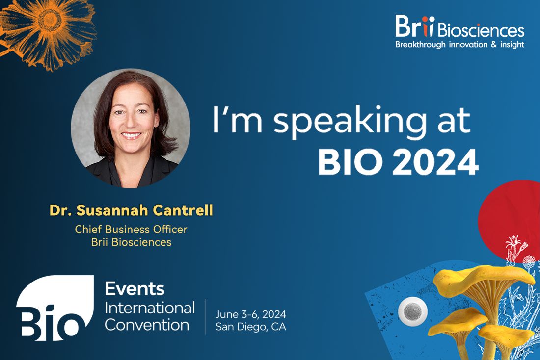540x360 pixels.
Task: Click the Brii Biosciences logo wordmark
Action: pyautogui.click(x=459, y=27)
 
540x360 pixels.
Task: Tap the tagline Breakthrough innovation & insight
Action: pyautogui.click(x=459, y=45)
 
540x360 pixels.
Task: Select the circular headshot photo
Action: pyautogui.click(x=131, y=128)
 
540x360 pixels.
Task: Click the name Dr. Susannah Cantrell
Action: pyautogui.click(x=131, y=210)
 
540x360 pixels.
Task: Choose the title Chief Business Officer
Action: pyautogui.click(x=131, y=229)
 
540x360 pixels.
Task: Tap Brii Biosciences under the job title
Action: pyautogui.click(x=131, y=242)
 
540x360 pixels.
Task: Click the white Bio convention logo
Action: pyautogui.click(x=55, y=308)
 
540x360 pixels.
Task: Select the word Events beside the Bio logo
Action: pyautogui.click(x=135, y=288)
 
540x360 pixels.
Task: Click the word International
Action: pyautogui.click(x=150, y=308)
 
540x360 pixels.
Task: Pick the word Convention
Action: pyautogui.click(x=147, y=325)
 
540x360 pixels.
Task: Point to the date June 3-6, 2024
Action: pyautogui.click(x=251, y=314)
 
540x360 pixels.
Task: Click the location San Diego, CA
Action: pyautogui.click(x=251, y=327)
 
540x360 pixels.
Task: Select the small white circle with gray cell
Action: pyautogui.click(x=412, y=311)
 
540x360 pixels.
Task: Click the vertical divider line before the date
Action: pyautogui.click(x=205, y=317)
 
